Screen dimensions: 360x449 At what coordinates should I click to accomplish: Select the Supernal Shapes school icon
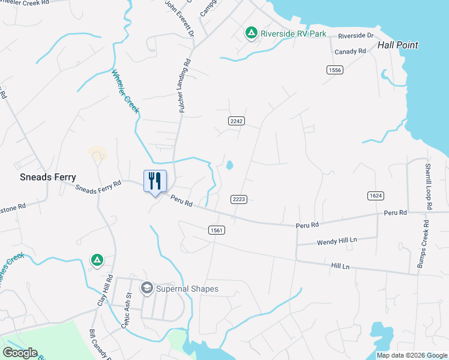click(x=146, y=289)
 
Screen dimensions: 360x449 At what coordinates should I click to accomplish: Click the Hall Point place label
click(x=397, y=45)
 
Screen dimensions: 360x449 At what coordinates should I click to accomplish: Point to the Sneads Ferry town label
click(x=48, y=177)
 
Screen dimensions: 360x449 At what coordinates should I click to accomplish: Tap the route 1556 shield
click(x=335, y=70)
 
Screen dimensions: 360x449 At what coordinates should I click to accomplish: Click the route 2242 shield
click(x=237, y=121)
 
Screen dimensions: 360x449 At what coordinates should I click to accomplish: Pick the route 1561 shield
click(x=217, y=230)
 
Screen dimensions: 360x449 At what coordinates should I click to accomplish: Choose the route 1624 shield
click(x=376, y=196)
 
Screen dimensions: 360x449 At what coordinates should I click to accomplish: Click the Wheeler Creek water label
click(x=125, y=92)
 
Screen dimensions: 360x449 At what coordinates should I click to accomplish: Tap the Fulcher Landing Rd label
click(x=185, y=85)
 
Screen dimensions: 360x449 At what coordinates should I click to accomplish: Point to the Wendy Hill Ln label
click(x=336, y=241)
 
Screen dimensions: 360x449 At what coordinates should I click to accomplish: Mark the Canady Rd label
click(x=351, y=52)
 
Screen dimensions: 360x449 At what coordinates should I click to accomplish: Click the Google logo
click(x=20, y=352)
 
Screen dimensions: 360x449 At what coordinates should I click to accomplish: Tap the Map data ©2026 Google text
click(x=411, y=355)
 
